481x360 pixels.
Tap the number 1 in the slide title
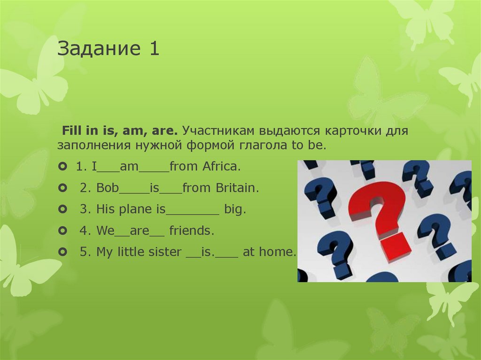click(155, 49)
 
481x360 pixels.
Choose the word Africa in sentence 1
click(222, 167)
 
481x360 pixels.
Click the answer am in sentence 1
click(127, 167)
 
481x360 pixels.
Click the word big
click(235, 210)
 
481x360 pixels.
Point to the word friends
click(192, 231)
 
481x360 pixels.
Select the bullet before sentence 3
click(62, 209)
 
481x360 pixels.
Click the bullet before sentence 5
click(62, 252)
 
